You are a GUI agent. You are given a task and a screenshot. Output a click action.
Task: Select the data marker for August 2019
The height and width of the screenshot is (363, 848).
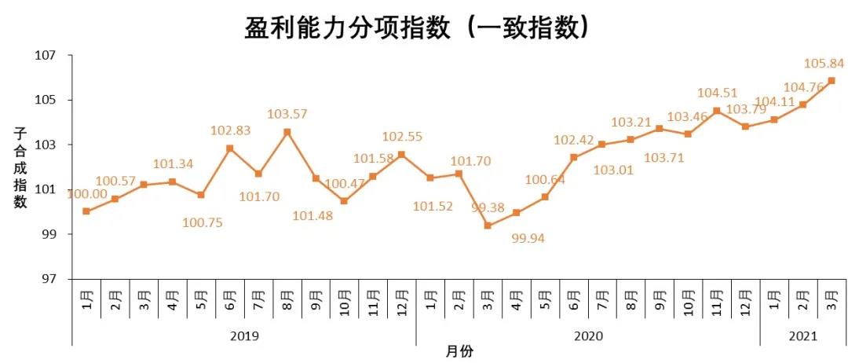point(287,132)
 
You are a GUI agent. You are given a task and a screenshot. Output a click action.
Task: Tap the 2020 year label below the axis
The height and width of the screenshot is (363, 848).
point(588,336)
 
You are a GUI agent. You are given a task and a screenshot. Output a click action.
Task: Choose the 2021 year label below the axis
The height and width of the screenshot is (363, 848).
point(802,336)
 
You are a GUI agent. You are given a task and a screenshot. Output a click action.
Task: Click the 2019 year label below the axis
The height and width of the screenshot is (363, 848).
point(244,336)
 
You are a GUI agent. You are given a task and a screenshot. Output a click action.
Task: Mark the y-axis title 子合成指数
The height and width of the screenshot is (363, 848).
point(20,167)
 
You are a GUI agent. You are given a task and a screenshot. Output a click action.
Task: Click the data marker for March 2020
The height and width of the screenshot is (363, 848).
point(488,225)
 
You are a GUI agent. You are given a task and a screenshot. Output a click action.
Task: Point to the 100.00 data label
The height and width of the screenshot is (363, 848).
point(86,193)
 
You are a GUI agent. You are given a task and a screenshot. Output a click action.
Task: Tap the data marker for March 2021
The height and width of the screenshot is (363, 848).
point(831,81)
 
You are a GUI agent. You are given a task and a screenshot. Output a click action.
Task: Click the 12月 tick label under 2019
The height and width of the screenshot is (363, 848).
point(401,300)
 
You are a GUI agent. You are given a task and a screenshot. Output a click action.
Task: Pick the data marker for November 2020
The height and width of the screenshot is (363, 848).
point(716,111)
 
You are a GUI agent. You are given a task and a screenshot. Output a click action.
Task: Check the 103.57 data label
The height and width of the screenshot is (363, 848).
point(287,114)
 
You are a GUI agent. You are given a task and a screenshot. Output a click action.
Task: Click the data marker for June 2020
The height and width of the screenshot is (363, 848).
point(573,157)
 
